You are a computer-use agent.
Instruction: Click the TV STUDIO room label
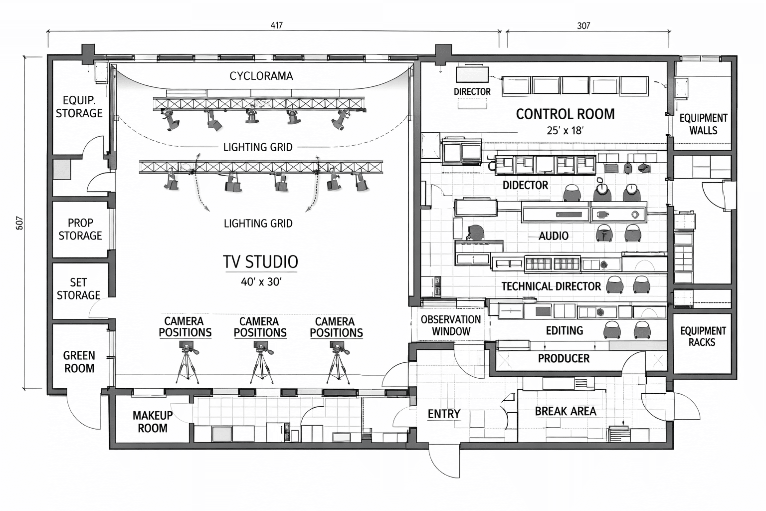point(260,261)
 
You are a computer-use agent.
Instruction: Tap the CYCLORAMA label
point(261,76)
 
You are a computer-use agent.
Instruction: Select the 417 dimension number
point(276,25)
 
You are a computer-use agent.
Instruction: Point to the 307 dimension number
point(583,25)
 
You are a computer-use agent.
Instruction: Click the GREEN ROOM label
point(79,362)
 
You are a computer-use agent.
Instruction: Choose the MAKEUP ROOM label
point(153,422)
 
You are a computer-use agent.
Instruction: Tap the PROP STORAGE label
point(80,229)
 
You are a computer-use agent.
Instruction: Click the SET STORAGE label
point(78,289)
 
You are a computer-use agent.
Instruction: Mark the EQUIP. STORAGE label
point(79,107)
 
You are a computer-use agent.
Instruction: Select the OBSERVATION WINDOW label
point(451,325)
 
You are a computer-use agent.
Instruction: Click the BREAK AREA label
point(566,411)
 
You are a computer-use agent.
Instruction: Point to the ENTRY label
point(444,414)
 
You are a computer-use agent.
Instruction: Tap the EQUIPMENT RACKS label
point(703,336)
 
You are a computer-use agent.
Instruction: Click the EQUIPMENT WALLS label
point(703,124)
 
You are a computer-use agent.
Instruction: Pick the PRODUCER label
point(564,358)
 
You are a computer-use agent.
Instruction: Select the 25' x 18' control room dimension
point(565,131)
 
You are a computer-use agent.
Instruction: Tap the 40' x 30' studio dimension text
point(261,282)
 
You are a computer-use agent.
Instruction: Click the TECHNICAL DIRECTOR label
point(551,286)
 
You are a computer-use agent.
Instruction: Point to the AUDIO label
point(554,236)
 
